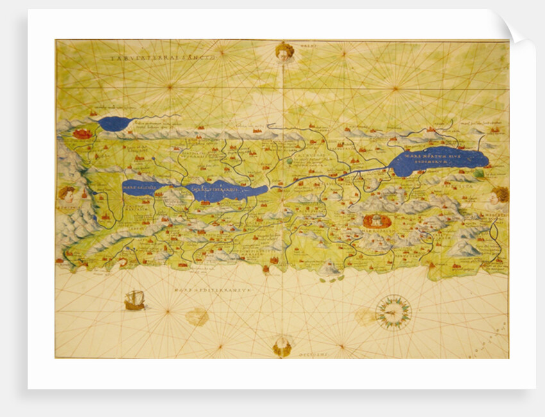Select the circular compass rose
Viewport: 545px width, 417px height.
(x=393, y=312)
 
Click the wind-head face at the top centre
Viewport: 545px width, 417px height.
(x=284, y=51)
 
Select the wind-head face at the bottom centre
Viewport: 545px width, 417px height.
(x=282, y=347)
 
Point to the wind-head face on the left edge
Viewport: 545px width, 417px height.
(x=67, y=192)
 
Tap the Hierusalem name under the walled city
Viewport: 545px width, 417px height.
(x=376, y=232)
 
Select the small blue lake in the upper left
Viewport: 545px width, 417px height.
(x=115, y=124)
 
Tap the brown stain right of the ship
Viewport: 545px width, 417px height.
(x=197, y=316)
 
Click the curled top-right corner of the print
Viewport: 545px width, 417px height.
(x=519, y=30)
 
